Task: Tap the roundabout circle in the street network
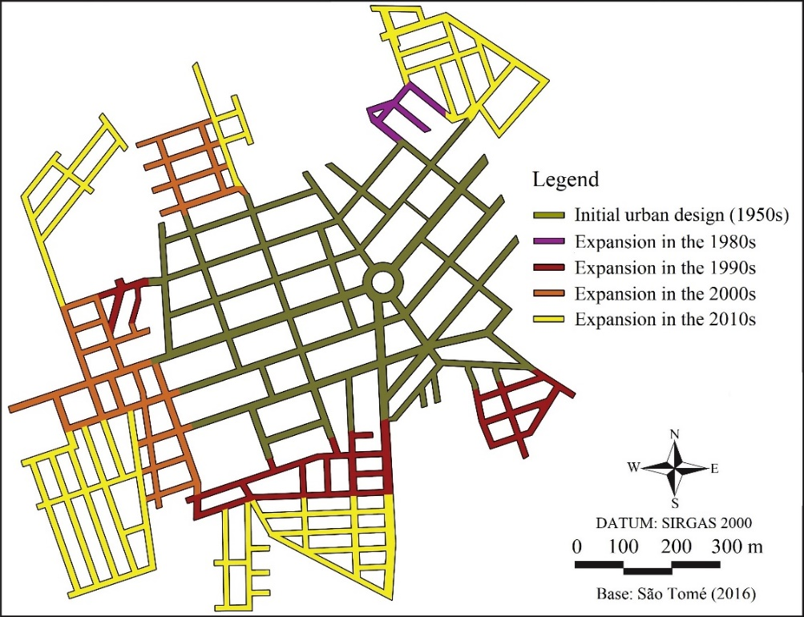[x=382, y=281]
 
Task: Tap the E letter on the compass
[x=714, y=469]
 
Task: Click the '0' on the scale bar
[x=576, y=548]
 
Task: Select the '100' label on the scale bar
[x=623, y=548]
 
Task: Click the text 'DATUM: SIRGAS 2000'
[x=675, y=524]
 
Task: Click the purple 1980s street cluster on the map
[x=398, y=111]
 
